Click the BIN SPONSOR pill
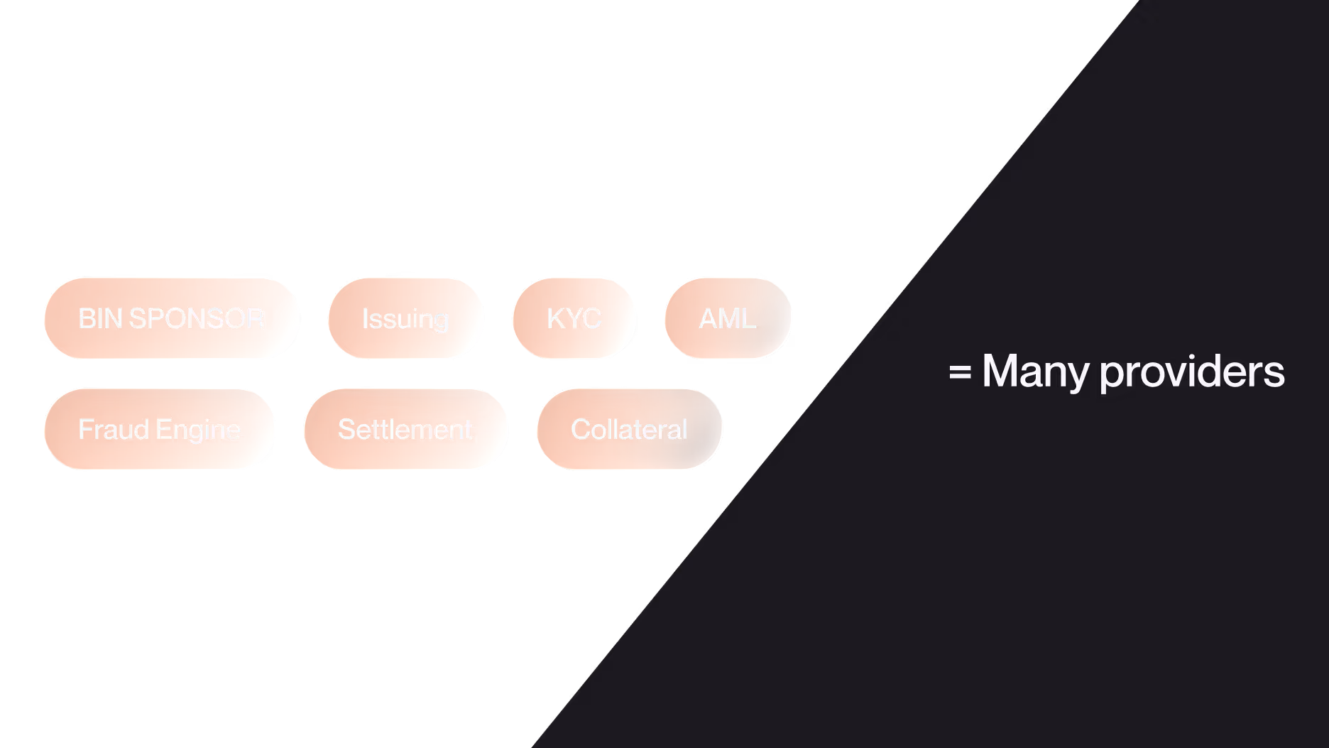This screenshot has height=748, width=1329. click(x=171, y=318)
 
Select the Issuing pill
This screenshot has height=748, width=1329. click(x=405, y=318)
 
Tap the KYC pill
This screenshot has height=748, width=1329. click(x=574, y=318)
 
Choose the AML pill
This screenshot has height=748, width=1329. click(x=728, y=318)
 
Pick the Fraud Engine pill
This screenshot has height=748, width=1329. click(x=159, y=429)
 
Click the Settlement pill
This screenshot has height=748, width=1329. click(x=405, y=429)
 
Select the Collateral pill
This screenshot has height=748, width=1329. click(x=629, y=429)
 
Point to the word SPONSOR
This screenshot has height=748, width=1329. click(x=197, y=318)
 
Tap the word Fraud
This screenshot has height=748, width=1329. click(x=114, y=429)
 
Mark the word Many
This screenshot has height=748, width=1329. click(x=1035, y=371)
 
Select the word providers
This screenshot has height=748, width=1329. click(x=1192, y=372)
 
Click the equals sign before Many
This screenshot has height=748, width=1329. click(x=960, y=372)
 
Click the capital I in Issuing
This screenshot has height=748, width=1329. click(x=365, y=318)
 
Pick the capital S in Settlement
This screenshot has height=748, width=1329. click(x=346, y=429)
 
